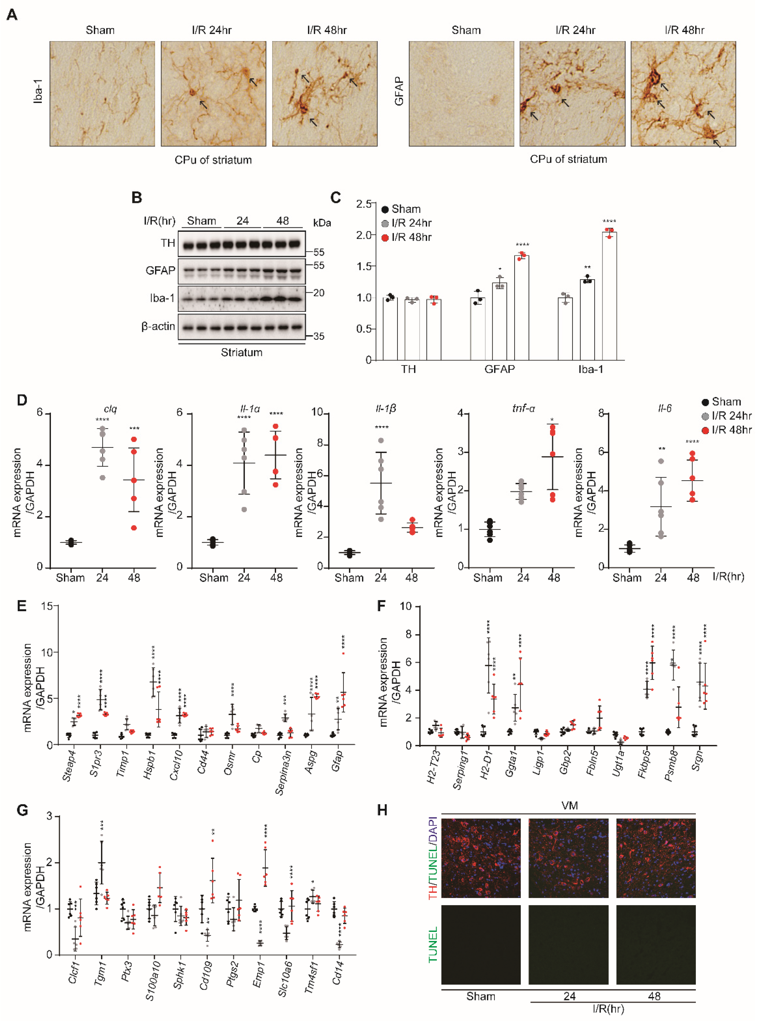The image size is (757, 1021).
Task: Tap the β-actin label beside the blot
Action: (x=158, y=326)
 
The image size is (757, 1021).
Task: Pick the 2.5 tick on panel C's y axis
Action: (x=364, y=204)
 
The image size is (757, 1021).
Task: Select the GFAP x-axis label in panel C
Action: (x=499, y=369)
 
